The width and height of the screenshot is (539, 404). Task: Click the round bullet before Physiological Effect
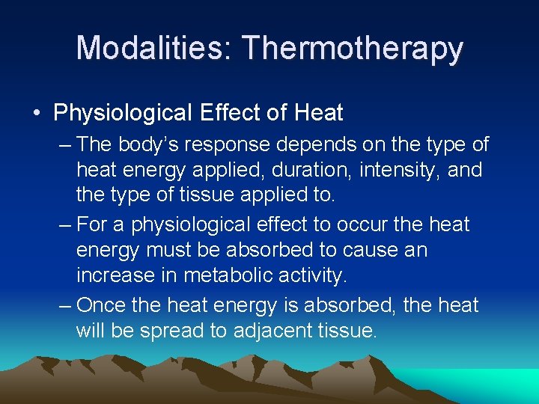point(37,114)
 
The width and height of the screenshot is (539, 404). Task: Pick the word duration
point(303,171)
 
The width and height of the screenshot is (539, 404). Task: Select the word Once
point(103,304)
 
